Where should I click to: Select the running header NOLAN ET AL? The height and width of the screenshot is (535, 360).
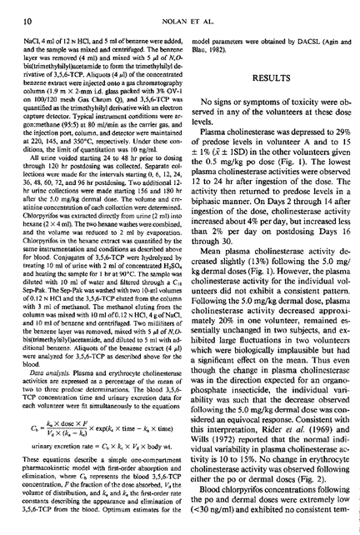coord(179,9)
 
